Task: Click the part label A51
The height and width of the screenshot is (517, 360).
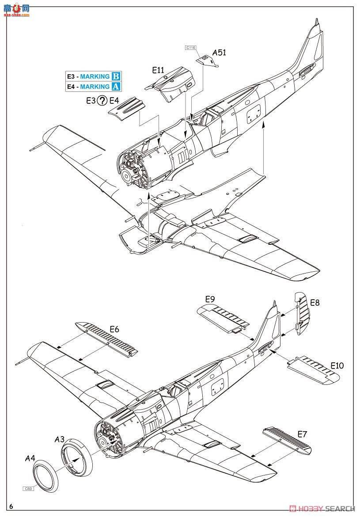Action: (x=219, y=53)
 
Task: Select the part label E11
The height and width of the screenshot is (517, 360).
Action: (x=158, y=70)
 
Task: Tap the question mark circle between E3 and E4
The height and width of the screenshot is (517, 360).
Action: (x=102, y=101)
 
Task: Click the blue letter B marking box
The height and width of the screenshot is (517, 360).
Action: (x=116, y=76)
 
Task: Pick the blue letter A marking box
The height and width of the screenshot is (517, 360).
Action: (x=116, y=87)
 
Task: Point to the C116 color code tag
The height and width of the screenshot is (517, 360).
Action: (x=190, y=48)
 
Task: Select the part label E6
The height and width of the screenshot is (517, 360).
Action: (x=114, y=329)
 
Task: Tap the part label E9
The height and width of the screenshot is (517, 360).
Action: (x=211, y=299)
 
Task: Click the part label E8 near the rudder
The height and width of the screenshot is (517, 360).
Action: (x=315, y=303)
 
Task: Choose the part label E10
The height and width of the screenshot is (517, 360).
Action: (x=337, y=366)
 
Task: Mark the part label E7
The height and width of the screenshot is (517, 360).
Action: (x=302, y=434)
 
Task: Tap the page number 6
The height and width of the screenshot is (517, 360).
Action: (x=10, y=506)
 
